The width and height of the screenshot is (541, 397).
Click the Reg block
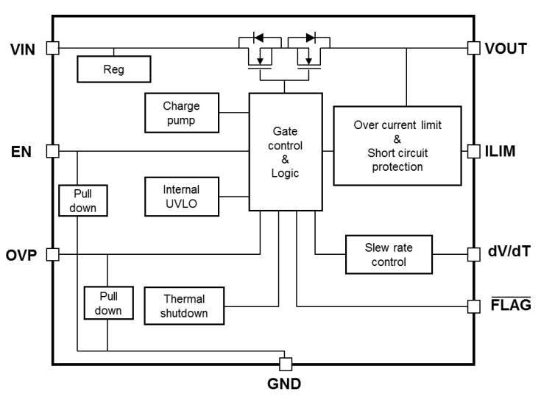point(114,69)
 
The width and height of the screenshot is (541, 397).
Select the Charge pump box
point(182,113)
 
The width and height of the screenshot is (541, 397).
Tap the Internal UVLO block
point(182,197)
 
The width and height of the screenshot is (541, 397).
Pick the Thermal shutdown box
point(184,306)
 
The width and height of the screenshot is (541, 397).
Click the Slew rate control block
point(389,255)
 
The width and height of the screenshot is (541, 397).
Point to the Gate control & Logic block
point(286,152)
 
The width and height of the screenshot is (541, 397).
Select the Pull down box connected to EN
point(83,200)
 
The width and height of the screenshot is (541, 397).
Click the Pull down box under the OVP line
point(109,303)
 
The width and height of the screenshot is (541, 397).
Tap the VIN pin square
point(53,48)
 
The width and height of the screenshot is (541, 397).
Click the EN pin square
point(53,151)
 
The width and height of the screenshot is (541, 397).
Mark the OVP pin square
point(53,254)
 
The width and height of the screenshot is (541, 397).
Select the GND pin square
point(286,364)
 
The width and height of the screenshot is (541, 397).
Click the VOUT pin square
point(474,48)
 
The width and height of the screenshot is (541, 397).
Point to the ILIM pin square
point(474,151)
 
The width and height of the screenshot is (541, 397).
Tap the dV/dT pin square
point(474,254)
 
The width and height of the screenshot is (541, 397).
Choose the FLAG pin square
point(474,306)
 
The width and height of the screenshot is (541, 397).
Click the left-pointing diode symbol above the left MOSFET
point(258,38)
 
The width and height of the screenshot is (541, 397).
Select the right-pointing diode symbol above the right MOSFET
point(311,38)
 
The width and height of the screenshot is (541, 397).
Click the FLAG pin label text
point(511,304)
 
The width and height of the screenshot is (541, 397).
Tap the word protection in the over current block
point(397,167)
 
